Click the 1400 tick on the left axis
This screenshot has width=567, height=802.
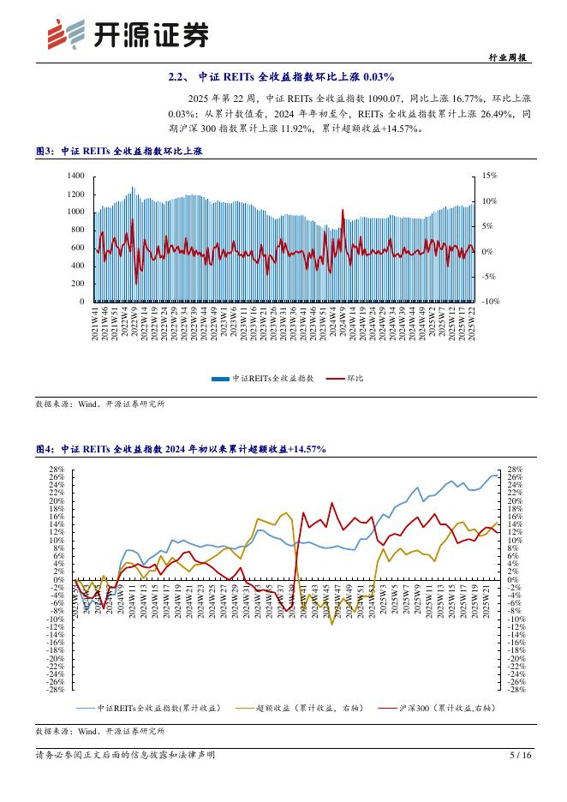pyautogui.click(x=75, y=176)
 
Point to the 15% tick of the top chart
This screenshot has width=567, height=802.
pyautogui.click(x=489, y=176)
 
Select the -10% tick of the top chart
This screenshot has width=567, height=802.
pyautogui.click(x=488, y=302)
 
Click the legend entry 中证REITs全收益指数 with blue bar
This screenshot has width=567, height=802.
pyautogui.click(x=267, y=377)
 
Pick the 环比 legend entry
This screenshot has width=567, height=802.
pyautogui.click(x=349, y=377)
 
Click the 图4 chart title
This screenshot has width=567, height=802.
pyautogui.click(x=180, y=448)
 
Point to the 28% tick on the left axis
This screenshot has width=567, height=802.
pyautogui.click(x=58, y=470)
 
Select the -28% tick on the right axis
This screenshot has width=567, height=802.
pyautogui.click(x=516, y=690)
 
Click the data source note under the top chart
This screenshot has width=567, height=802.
pyautogui.click(x=99, y=404)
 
